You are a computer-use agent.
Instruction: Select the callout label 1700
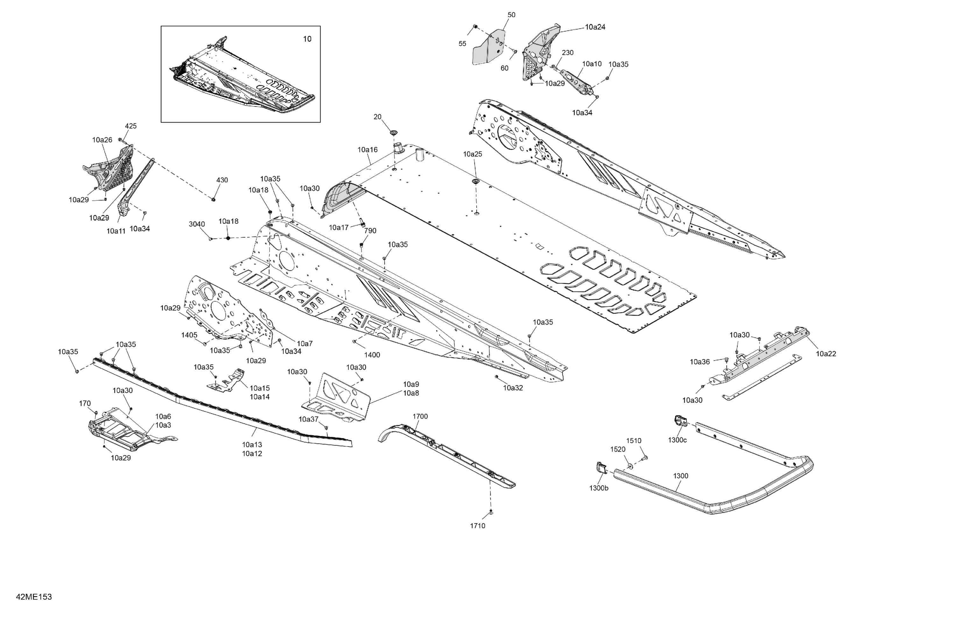coord(420,416)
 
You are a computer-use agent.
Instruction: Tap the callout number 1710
coord(478,526)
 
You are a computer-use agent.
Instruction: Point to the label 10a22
coord(826,354)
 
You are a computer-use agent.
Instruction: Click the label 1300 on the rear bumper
coord(681,476)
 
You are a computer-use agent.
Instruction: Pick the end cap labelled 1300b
coord(600,468)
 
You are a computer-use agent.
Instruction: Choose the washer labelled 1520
coord(629,465)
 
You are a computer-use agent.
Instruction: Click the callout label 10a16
coord(368,150)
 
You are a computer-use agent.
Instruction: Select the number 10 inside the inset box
coord(307,39)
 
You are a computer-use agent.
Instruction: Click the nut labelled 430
coord(214,199)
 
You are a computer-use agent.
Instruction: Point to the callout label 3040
coord(197,224)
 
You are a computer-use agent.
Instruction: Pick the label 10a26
coord(102,140)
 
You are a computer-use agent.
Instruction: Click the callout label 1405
coord(189,335)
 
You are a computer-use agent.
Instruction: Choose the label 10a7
coord(305,344)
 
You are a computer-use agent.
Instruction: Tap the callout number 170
coord(85,404)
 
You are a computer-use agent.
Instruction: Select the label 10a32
coord(513,388)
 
